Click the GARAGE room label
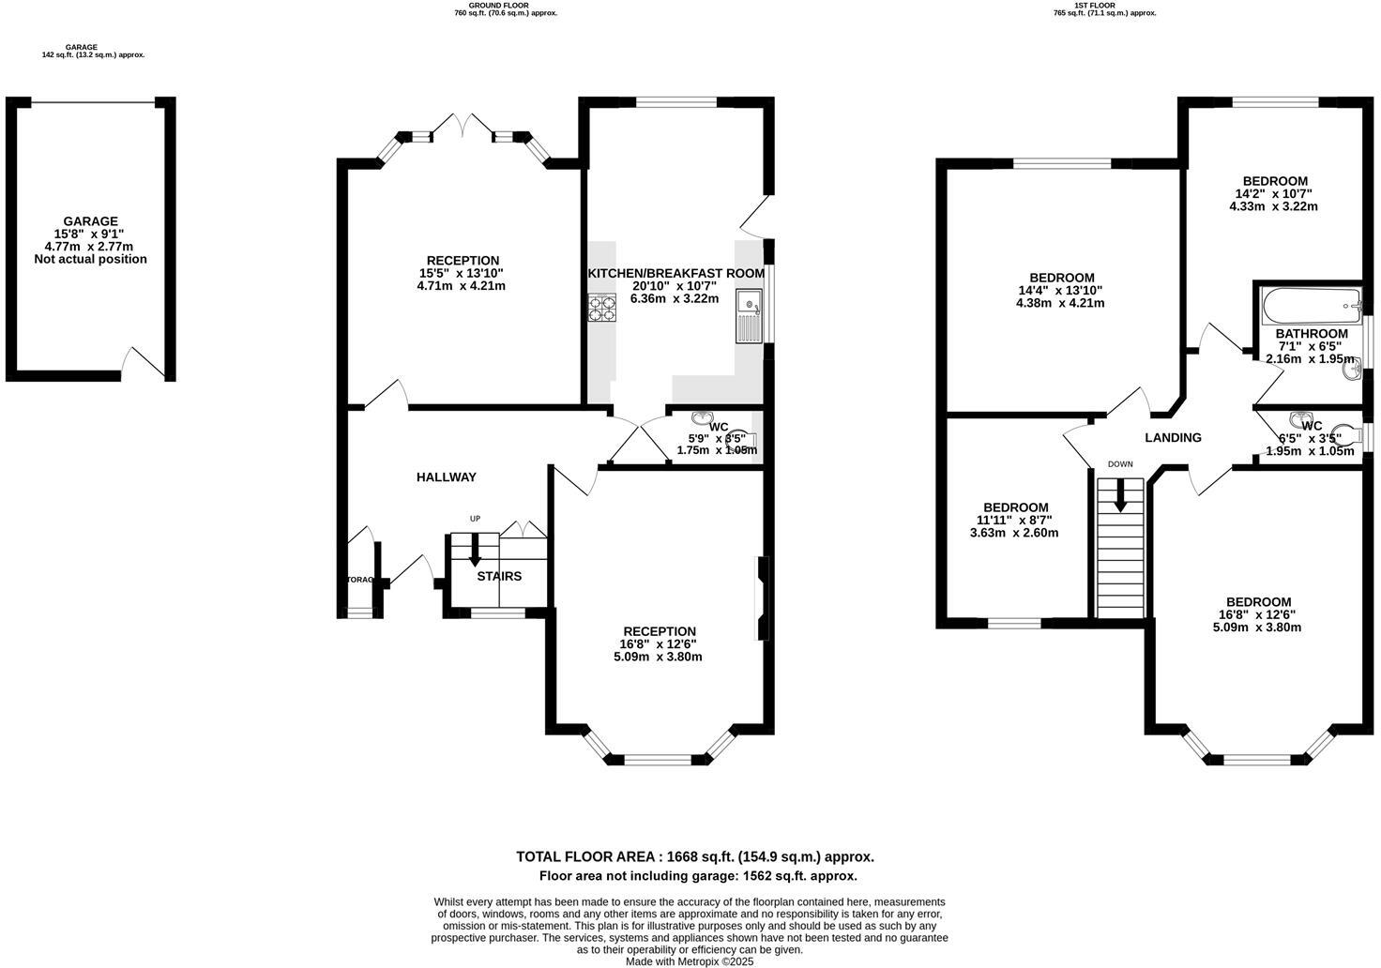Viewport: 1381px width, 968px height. point(90,221)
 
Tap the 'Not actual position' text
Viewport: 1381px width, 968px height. point(90,259)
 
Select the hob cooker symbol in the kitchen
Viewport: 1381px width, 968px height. point(600,308)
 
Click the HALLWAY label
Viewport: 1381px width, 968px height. point(447,477)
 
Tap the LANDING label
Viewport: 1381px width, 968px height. point(1173,438)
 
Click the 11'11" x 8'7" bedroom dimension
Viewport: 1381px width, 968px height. point(1015,521)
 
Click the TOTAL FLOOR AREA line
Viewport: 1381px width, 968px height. point(694,856)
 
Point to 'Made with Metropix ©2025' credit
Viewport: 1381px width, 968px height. point(690,961)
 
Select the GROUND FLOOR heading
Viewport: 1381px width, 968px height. point(505,5)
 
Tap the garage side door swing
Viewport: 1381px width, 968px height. point(143,363)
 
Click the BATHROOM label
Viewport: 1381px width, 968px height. point(1312,334)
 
